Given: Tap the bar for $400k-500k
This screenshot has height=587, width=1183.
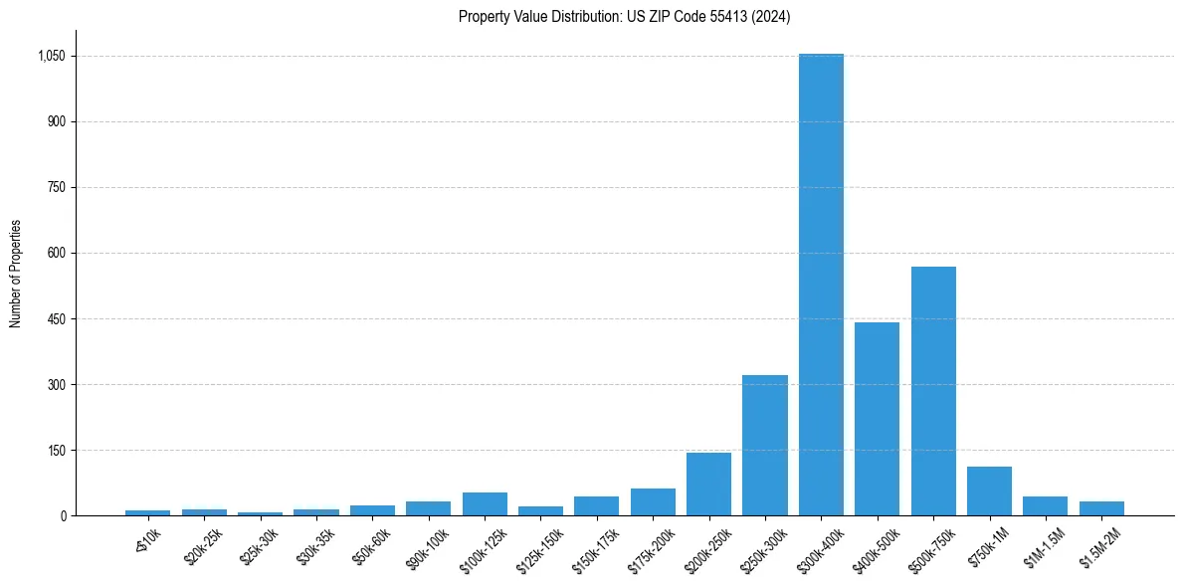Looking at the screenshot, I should click(x=877, y=419).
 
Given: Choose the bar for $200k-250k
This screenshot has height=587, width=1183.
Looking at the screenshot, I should click(x=708, y=485).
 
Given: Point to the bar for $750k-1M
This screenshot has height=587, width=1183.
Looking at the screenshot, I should click(x=989, y=491).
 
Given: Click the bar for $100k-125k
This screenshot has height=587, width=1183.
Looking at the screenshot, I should click(x=485, y=504).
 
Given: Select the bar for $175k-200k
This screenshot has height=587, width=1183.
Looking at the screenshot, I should click(x=653, y=502).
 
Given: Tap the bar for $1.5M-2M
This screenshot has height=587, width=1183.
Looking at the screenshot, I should click(x=1101, y=508).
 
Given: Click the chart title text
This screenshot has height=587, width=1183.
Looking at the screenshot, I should click(x=625, y=17).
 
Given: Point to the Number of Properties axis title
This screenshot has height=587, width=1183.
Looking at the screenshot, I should click(x=16, y=274).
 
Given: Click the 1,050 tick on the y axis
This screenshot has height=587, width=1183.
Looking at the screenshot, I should click(x=51, y=57).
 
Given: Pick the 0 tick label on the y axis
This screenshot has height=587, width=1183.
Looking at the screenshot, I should click(x=62, y=516).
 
